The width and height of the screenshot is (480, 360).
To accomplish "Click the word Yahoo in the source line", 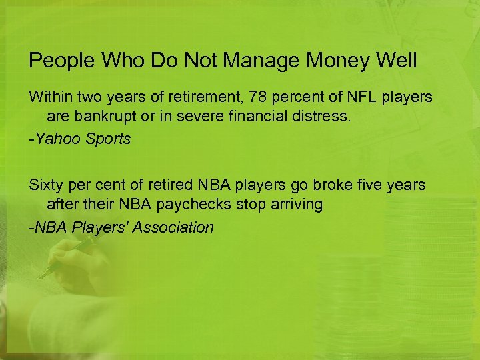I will tap(56, 139).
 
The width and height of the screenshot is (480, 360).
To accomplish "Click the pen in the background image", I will tap(67, 259).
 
